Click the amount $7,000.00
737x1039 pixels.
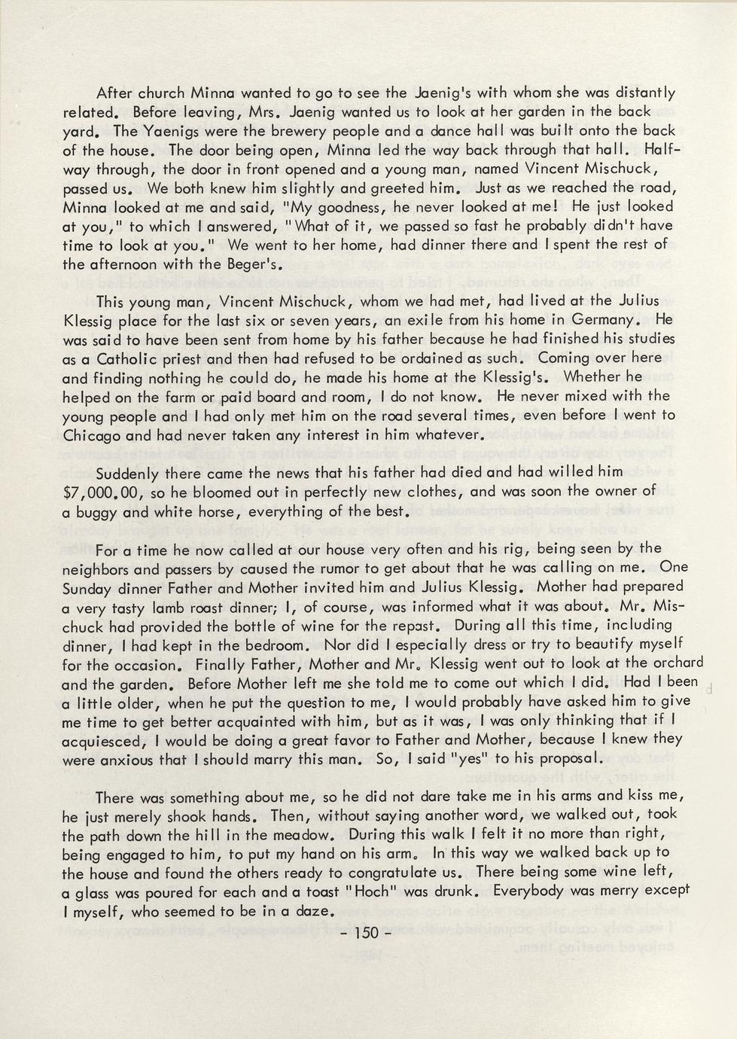click(x=104, y=492)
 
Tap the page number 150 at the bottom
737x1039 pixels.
click(x=367, y=933)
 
